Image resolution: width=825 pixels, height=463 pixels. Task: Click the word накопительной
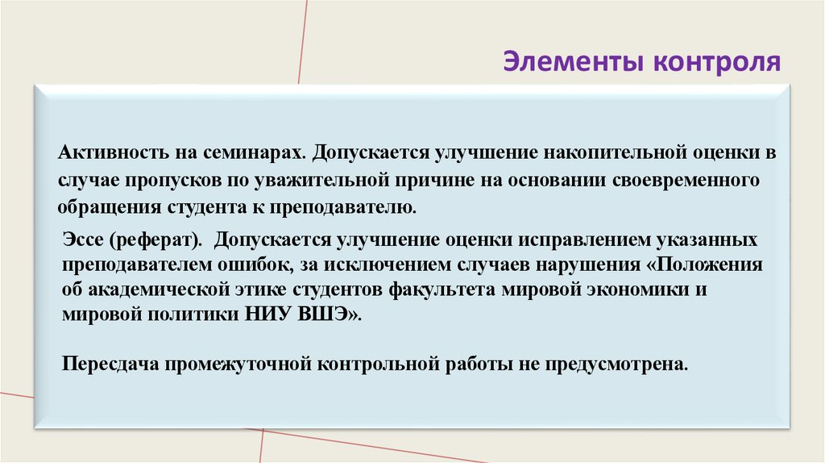coord(564,152)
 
